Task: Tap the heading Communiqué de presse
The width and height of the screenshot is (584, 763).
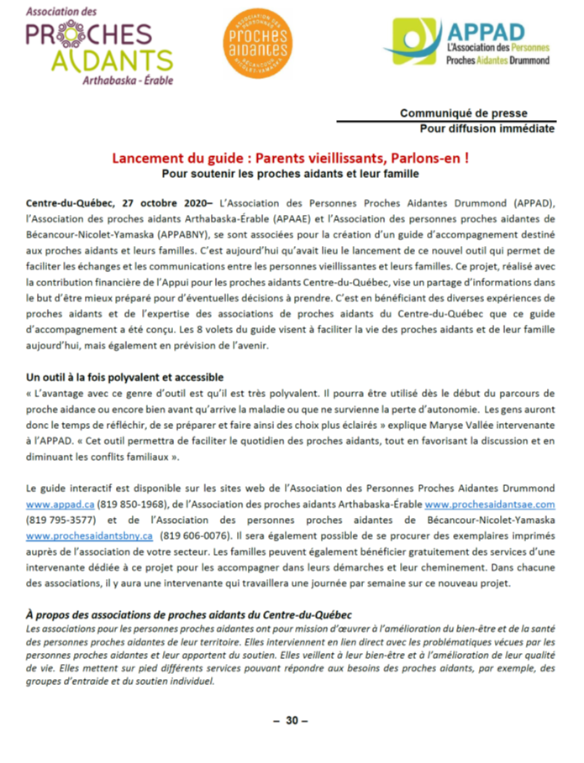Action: (x=476, y=113)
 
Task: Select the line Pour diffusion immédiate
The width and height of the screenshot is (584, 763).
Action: (x=487, y=128)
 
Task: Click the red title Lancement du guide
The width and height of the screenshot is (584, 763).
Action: (x=292, y=159)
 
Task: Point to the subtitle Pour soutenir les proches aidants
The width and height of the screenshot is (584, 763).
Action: (x=291, y=174)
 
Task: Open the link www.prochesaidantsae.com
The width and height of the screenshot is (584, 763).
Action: (x=490, y=504)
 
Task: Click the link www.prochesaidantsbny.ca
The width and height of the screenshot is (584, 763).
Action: (x=88, y=536)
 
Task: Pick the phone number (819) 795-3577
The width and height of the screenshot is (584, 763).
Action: (x=59, y=520)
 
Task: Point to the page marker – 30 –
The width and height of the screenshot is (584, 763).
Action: (x=292, y=720)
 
